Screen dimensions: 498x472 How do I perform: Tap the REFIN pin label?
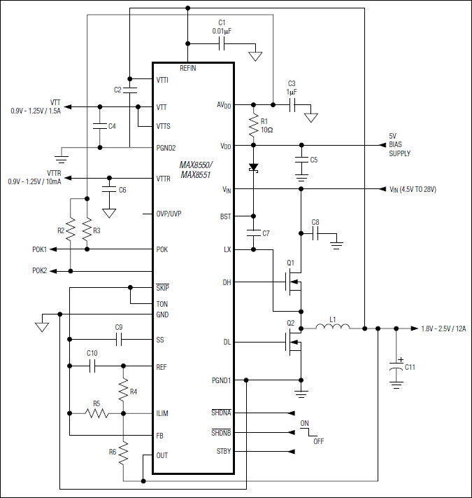tap(188, 68)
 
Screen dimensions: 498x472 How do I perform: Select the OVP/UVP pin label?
tap(169, 214)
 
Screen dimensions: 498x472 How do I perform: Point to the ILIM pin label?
tap(162, 413)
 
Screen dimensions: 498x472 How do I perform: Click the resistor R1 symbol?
tap(253, 126)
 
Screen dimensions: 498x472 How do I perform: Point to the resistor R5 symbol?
tap(97, 413)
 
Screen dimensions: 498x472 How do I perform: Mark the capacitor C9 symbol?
tap(119, 339)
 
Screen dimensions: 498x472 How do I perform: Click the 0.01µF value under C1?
tap(223, 31)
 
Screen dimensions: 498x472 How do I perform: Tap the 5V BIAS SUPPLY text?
tap(400, 145)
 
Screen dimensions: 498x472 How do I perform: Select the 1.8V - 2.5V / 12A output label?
tap(444, 328)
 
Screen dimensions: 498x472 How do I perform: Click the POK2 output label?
tap(40, 270)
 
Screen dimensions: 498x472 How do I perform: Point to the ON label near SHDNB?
tap(304, 424)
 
